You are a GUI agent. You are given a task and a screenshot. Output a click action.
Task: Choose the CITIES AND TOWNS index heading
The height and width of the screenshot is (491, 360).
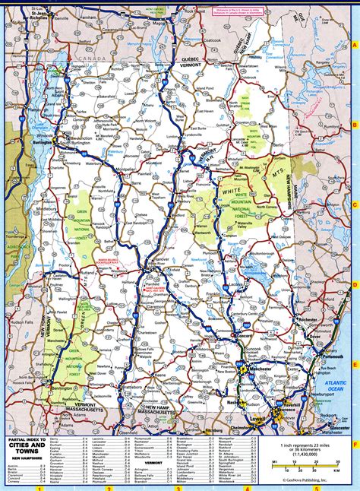coord(27,447)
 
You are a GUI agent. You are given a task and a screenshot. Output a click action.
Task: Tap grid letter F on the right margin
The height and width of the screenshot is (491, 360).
coord(355,443)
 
